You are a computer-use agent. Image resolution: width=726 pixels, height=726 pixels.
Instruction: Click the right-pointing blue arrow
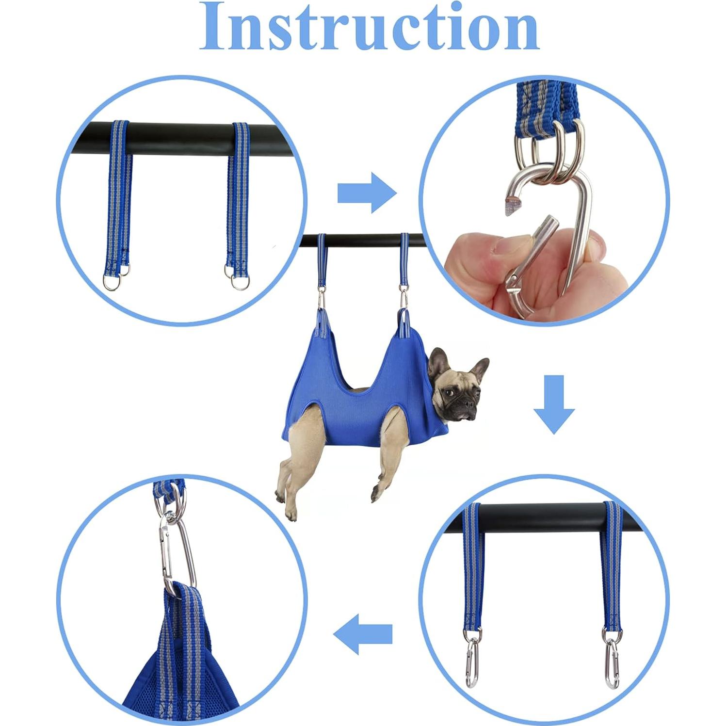[367, 193]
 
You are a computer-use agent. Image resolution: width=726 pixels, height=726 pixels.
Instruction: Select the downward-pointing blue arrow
[554, 404]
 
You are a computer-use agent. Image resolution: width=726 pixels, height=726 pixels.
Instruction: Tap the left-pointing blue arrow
[363, 634]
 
